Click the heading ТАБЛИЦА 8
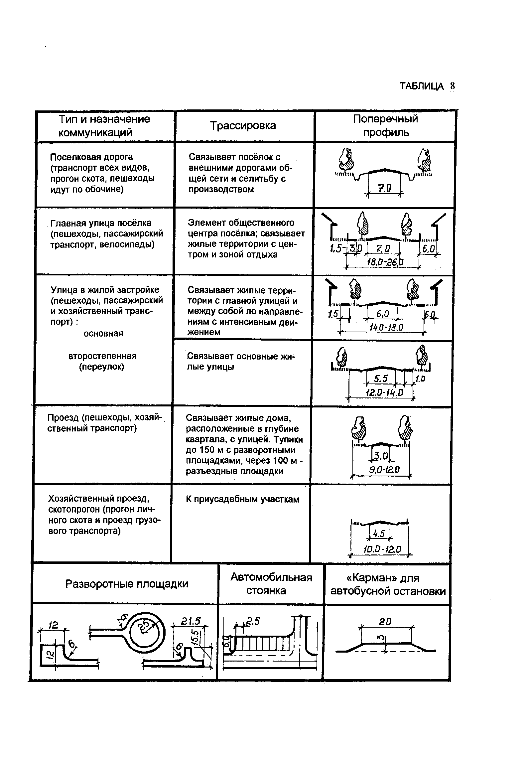[x=427, y=86]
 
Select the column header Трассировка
[x=243, y=125]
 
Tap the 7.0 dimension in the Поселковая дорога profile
[x=385, y=189]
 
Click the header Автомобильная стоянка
[x=271, y=584]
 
